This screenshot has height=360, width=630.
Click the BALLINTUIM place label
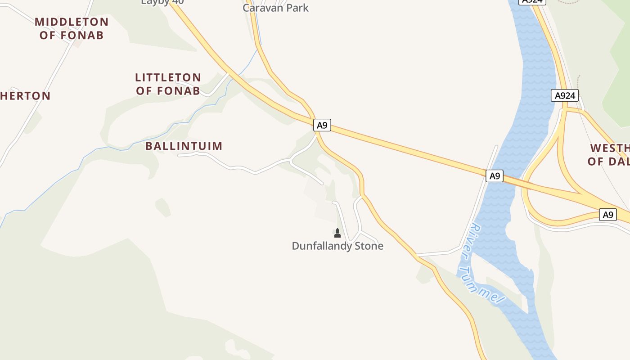point(184,146)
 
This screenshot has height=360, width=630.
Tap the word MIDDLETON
point(72,22)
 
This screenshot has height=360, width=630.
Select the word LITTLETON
point(168,77)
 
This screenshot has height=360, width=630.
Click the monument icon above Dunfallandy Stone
point(337,233)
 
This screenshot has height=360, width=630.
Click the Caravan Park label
point(275,7)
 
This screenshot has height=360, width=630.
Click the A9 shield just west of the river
point(494,175)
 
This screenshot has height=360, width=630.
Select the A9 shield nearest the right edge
point(608,214)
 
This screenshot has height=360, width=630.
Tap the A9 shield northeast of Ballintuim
point(322,125)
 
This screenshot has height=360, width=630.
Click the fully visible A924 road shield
point(564,95)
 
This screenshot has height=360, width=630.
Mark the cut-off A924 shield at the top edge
point(532,2)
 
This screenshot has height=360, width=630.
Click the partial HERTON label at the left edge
point(25,95)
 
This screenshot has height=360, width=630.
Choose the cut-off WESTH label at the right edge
point(610,148)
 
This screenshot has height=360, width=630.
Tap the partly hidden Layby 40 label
point(162,2)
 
